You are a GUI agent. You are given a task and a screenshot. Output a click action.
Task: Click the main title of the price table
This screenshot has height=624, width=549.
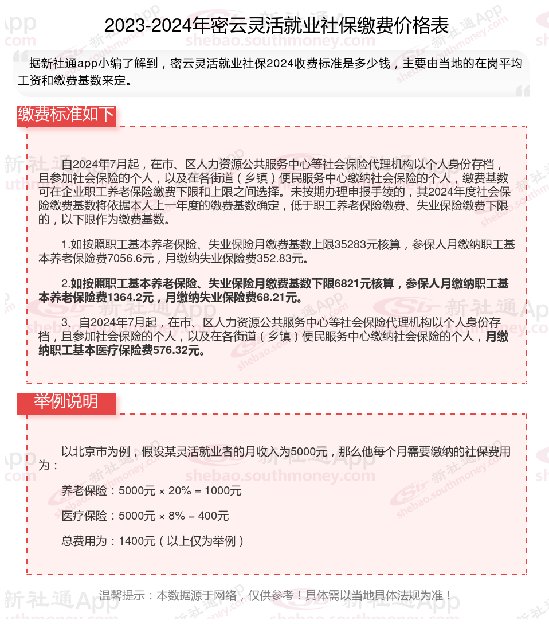[276, 26]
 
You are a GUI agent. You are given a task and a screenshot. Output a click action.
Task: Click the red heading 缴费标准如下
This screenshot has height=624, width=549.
[66, 115]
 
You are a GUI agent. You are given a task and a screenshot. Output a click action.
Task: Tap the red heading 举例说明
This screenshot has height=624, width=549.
[66, 401]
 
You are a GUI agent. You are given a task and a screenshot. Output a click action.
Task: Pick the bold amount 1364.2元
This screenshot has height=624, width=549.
[131, 298]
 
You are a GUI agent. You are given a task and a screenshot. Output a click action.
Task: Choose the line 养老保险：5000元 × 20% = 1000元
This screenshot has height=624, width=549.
[151, 491]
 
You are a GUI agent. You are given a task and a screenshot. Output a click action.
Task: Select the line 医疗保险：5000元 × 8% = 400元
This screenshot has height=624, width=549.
[145, 516]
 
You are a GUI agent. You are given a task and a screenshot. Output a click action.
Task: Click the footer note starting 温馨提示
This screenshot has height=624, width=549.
[276, 596]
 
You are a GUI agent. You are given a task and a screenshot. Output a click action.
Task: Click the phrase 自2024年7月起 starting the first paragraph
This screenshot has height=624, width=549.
[100, 164]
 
